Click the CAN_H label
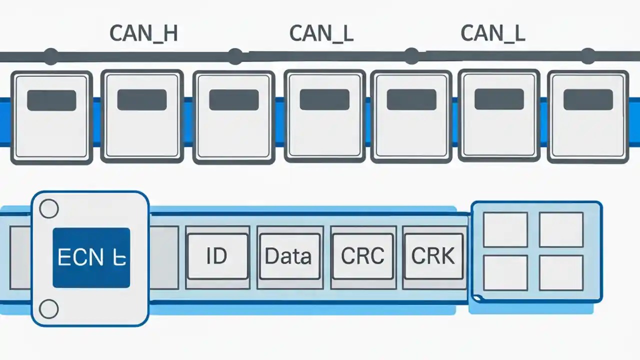(x=143, y=33)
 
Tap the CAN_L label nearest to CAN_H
(x=321, y=33)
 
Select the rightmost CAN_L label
(x=492, y=33)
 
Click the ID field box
(x=217, y=256)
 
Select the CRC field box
(x=362, y=256)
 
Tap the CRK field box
(x=433, y=256)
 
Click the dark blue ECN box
(x=91, y=257)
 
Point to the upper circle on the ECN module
(x=49, y=209)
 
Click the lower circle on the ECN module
(x=49, y=309)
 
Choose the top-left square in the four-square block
(x=505, y=229)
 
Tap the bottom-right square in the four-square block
(x=561, y=273)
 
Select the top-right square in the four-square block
(x=561, y=229)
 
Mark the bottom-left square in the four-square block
(x=505, y=273)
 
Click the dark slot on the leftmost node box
(x=51, y=100)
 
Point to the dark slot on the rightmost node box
(x=588, y=99)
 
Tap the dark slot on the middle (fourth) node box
(x=324, y=99)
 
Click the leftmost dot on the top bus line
(x=51, y=56)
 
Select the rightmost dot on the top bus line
(x=588, y=56)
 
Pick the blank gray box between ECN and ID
(x=164, y=257)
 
